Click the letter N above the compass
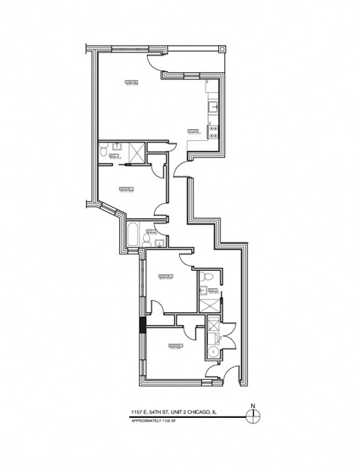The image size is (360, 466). tap(253, 407)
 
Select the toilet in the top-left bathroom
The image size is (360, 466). tap(104, 150)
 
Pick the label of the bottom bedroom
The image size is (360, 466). tap(176, 346)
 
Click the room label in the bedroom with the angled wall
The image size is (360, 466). tap(126, 188)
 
